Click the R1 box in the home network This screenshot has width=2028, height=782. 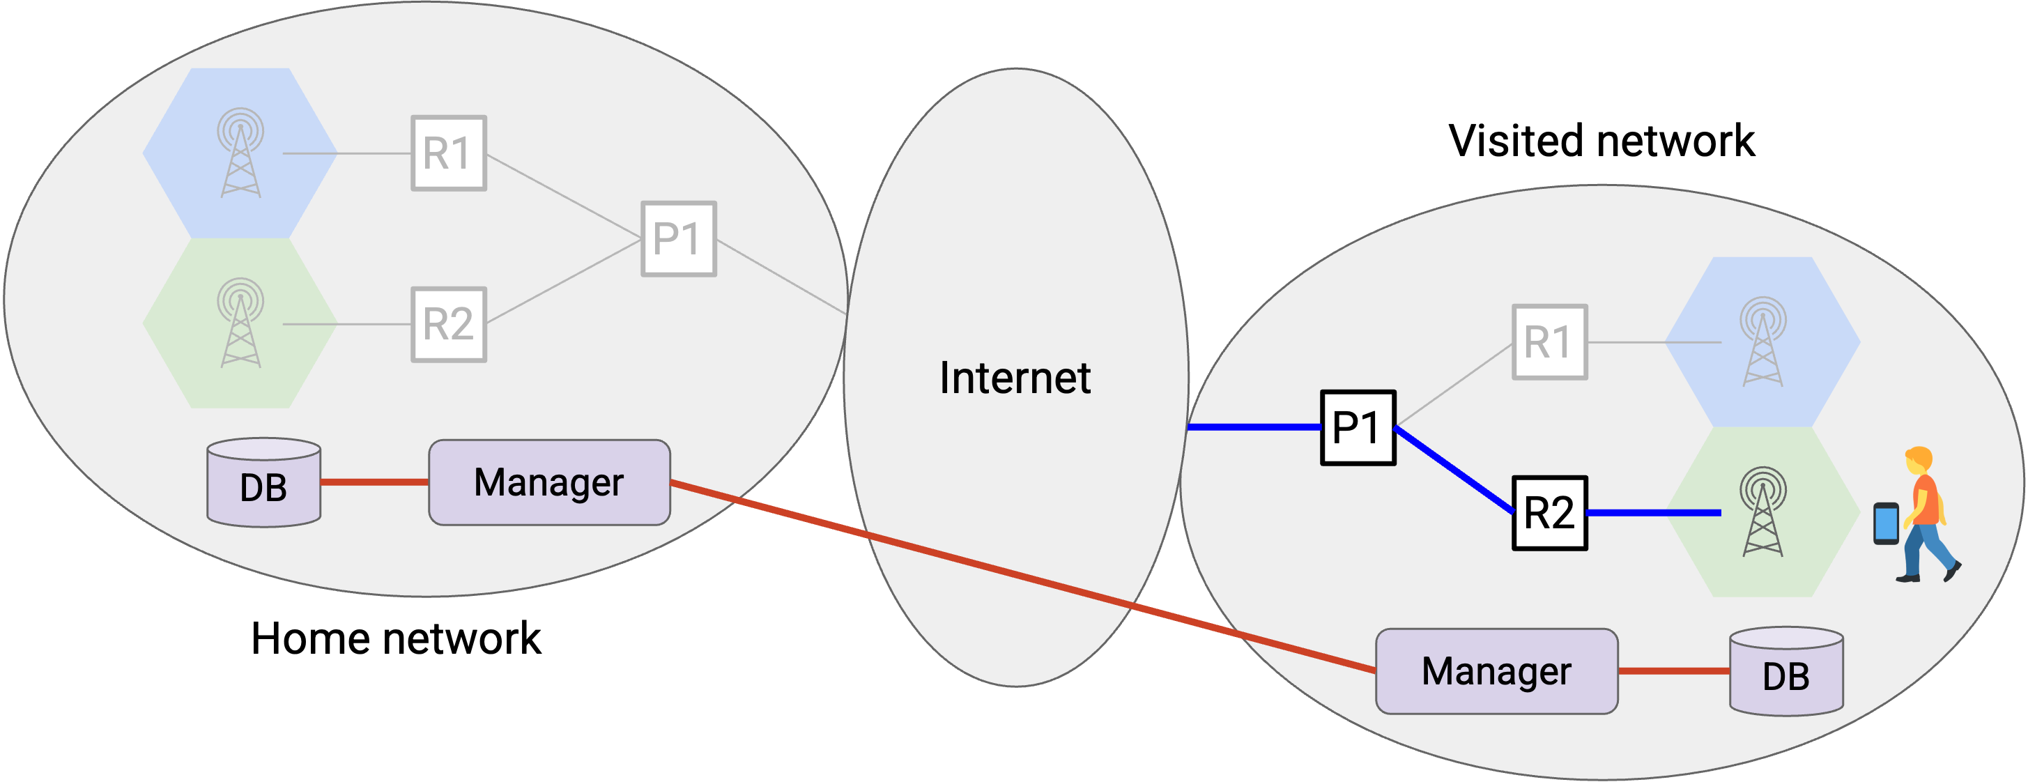[449, 153]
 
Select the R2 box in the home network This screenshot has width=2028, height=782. [449, 323]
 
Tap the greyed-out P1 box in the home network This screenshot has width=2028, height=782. [679, 238]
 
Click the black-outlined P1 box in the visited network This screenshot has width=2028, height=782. [1358, 428]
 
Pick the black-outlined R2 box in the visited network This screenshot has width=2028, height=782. [1549, 513]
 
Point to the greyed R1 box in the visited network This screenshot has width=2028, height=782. [1549, 342]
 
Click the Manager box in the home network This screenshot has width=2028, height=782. [550, 482]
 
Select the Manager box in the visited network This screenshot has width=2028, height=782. [1496, 671]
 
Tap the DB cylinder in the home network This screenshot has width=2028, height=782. [263, 482]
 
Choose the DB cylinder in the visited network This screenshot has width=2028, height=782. [1786, 671]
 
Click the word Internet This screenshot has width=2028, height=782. [1015, 378]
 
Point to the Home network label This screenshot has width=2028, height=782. [395, 638]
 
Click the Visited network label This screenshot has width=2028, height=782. [1601, 141]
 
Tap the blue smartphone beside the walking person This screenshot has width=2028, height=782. [1886, 523]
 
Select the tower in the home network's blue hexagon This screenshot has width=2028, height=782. [241, 152]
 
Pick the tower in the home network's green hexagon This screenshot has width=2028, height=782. [241, 322]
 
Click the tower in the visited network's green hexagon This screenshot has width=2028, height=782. [1762, 511]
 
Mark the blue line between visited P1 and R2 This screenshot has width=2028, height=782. [1454, 470]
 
